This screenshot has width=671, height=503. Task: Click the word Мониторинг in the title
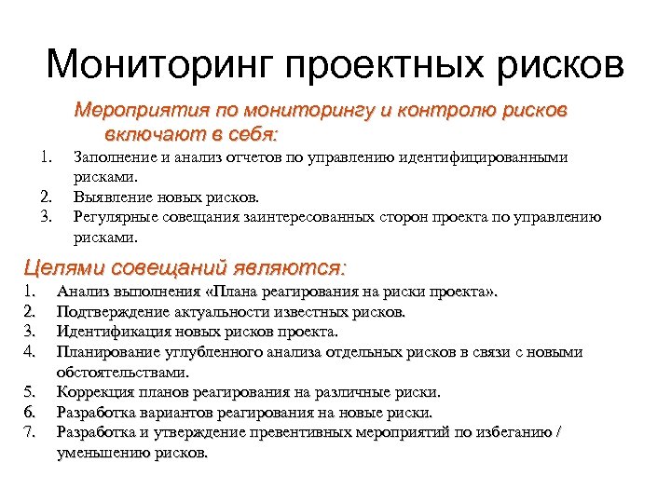click(x=159, y=65)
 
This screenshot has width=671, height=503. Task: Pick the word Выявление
click(x=108, y=197)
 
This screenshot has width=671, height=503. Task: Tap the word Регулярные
click(x=113, y=217)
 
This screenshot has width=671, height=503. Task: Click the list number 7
click(x=28, y=432)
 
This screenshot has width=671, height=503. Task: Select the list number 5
click(x=28, y=392)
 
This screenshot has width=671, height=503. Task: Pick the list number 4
click(x=28, y=351)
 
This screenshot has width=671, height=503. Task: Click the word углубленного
click(x=206, y=351)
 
